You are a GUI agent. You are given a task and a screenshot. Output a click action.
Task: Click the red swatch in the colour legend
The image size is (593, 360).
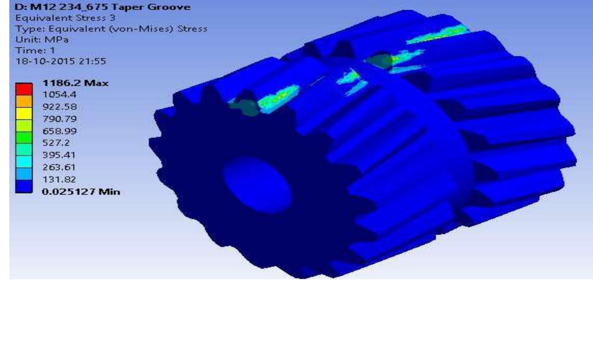tap(24, 89)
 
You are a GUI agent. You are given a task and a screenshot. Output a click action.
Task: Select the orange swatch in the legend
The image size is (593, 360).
tap(24, 101)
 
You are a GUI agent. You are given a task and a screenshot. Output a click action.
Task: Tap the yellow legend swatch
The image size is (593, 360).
tap(24, 113)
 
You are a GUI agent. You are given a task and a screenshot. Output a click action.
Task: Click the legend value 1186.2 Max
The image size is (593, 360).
tap(75, 83)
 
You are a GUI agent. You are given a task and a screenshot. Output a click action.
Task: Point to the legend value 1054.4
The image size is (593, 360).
tap(59, 94)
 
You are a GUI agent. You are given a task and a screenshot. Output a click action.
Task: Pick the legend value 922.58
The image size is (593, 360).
tap(59, 106)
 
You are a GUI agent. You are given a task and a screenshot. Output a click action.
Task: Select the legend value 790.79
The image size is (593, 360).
tap(59, 119)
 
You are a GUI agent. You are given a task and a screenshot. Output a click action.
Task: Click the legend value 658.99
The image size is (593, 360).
tap(59, 131)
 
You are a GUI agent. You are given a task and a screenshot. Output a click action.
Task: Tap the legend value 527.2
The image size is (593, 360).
tap(56, 143)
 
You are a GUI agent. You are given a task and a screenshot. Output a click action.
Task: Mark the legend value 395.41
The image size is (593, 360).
tap(59, 155)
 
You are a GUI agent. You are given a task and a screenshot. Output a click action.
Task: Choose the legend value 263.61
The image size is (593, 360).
tap(59, 167)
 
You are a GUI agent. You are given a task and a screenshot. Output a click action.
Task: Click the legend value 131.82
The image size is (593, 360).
tap(59, 179)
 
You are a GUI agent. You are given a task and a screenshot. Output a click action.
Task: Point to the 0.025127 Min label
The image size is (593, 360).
tap(81, 192)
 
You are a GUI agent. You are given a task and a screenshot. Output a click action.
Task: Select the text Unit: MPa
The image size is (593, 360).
tap(42, 39)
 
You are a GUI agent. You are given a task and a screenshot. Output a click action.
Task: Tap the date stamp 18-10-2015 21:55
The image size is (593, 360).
tap(60, 61)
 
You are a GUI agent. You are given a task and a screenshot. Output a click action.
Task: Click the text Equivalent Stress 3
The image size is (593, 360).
tap(65, 18)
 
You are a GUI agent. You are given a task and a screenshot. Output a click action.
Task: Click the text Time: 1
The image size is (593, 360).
tap(35, 50)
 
